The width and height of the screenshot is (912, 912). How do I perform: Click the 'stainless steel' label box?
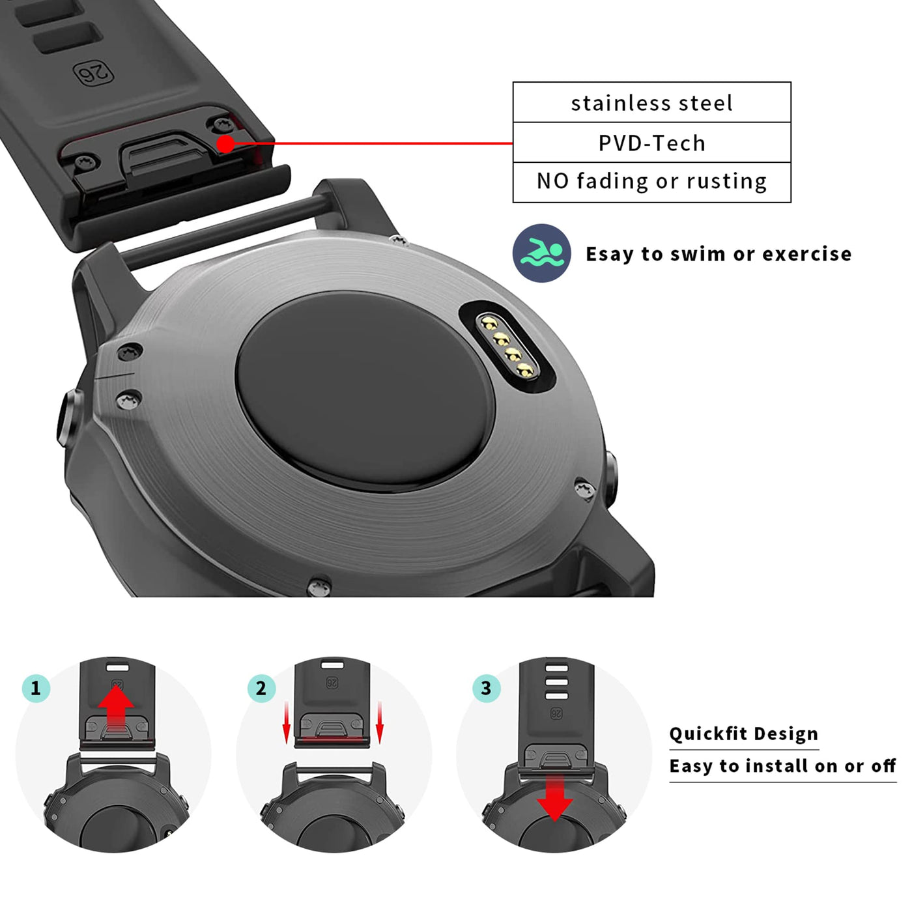tap(651, 102)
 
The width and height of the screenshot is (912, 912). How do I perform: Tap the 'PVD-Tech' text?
tap(651, 143)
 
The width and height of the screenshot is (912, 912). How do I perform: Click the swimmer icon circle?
tap(541, 253)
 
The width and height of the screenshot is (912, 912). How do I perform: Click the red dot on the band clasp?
tap(226, 144)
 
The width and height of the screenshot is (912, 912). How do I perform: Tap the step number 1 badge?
tap(36, 688)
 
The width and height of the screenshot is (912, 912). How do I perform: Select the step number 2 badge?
tap(261, 688)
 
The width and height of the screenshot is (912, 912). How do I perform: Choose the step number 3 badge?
tap(486, 688)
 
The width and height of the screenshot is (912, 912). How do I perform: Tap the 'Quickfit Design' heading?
tap(743, 734)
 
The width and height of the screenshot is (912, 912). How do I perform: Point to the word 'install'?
tap(773, 766)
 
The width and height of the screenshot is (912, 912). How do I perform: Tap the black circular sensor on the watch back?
tap(365, 391)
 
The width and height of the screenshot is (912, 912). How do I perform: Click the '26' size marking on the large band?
tap(93, 74)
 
